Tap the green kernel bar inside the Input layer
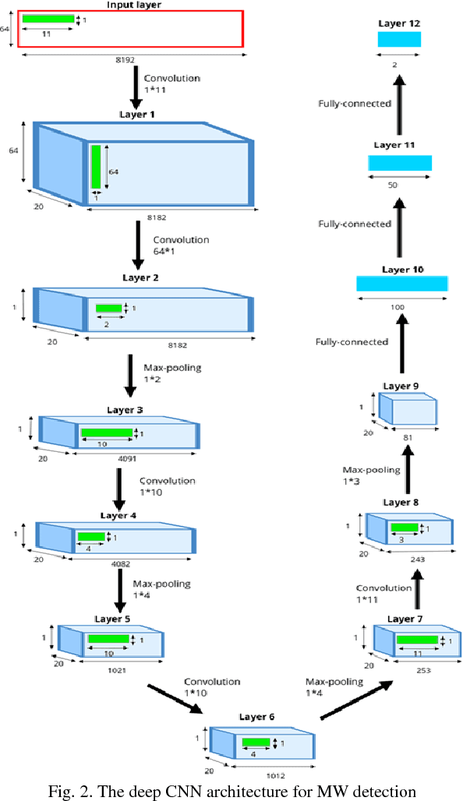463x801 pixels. (x=48, y=19)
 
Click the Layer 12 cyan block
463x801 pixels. (x=399, y=40)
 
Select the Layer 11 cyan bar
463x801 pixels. (x=400, y=162)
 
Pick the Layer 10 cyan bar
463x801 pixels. (x=402, y=284)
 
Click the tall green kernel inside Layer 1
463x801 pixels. (x=97, y=166)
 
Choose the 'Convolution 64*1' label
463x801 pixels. (x=181, y=245)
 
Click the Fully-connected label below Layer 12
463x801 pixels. (x=355, y=103)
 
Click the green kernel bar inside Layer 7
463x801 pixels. (x=417, y=640)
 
